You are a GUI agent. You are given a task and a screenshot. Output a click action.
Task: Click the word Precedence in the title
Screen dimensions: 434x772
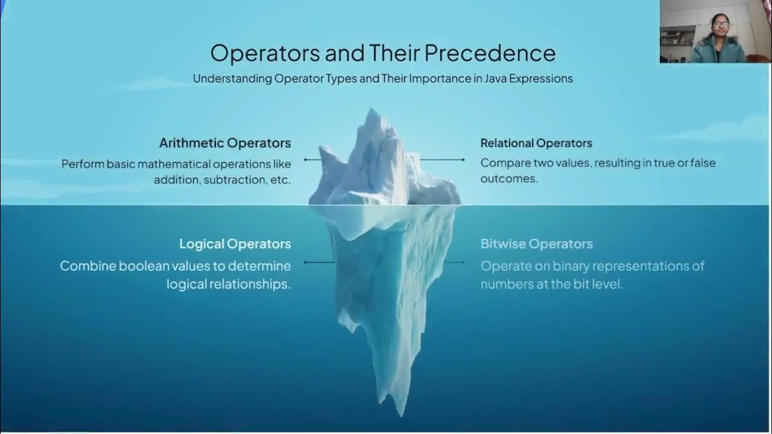coord(490,53)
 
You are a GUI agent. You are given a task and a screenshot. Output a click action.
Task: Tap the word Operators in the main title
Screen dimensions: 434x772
coord(265,53)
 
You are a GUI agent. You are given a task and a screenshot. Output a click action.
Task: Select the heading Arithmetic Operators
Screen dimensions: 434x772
coord(225,143)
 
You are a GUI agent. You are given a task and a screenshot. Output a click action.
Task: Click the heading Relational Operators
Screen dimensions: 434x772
coord(536,143)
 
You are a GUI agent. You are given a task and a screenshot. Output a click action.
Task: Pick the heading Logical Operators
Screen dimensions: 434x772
coord(235,244)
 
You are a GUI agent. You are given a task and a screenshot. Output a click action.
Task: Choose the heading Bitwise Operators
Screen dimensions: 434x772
coord(536,244)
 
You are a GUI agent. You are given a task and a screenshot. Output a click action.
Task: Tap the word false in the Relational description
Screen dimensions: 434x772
coord(701,163)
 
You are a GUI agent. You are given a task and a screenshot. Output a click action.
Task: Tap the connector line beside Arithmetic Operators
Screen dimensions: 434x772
coord(312,160)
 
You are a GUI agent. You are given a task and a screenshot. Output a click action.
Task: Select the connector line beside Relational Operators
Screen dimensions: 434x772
coord(442,160)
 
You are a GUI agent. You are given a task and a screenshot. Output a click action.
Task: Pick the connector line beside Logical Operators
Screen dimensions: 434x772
coord(319,262)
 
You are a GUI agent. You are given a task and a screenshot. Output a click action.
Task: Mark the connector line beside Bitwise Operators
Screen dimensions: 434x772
coord(454,262)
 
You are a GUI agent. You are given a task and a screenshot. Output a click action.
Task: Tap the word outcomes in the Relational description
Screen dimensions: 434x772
coord(508,179)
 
